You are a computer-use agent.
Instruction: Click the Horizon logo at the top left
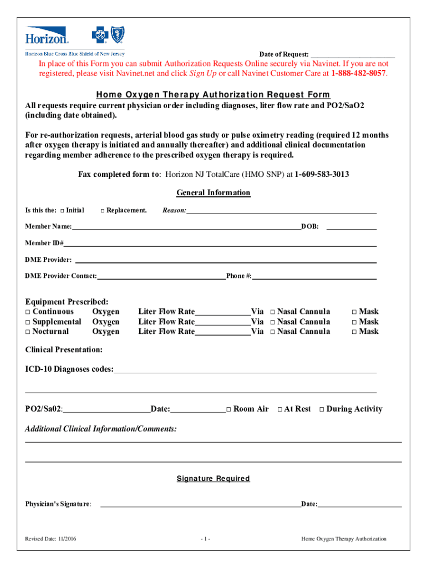click(47, 36)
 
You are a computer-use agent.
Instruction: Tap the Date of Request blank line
click(352, 55)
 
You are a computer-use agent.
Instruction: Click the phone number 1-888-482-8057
click(358, 73)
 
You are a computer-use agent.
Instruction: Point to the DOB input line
click(354, 227)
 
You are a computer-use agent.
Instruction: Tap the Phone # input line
click(314, 276)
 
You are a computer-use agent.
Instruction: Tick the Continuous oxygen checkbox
click(28, 312)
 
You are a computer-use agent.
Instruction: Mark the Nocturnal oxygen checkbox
click(28, 332)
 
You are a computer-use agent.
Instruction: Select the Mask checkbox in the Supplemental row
click(354, 322)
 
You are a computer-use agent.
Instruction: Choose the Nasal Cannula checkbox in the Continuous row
click(272, 312)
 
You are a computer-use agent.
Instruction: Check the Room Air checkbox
click(228, 410)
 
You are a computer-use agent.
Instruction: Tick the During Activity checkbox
click(322, 410)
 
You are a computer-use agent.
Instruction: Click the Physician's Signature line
click(200, 504)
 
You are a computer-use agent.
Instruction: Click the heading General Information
click(213, 193)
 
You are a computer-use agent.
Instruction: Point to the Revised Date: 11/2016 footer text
click(51, 539)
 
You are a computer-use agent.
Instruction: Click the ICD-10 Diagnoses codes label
click(69, 369)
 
